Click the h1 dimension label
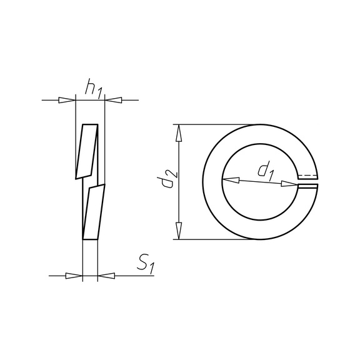pyautogui.click(x=93, y=89)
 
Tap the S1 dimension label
pyautogui.click(x=145, y=264)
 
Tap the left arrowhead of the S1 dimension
pyautogui.click(x=74, y=276)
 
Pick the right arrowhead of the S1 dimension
pyautogui.click(x=106, y=276)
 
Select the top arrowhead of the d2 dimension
pyautogui.click(x=179, y=132)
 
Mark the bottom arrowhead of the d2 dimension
pyautogui.click(x=179, y=231)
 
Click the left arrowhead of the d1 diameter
pyautogui.click(x=229, y=180)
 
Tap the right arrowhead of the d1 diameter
pyautogui.click(x=288, y=184)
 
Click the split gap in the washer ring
pyautogui.click(x=312, y=181)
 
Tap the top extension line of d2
pyautogui.click(x=212, y=124)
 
